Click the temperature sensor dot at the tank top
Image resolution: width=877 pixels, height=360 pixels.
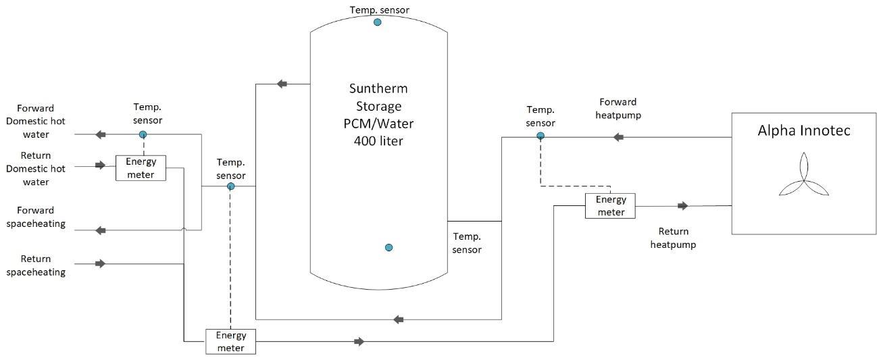click(378, 22)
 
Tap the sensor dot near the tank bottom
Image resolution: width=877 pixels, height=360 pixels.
click(389, 247)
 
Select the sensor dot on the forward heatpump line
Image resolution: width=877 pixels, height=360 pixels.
click(541, 136)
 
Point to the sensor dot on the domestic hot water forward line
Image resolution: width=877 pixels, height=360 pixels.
click(143, 134)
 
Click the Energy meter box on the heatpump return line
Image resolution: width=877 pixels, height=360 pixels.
click(610, 206)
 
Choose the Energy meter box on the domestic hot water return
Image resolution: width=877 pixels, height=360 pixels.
click(141, 168)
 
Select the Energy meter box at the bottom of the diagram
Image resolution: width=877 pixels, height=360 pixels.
click(230, 342)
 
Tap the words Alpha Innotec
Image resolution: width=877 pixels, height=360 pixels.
click(804, 130)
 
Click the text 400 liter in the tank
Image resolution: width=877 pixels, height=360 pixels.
click(378, 141)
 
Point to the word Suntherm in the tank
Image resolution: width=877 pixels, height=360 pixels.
click(378, 88)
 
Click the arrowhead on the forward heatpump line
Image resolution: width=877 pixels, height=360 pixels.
click(618, 137)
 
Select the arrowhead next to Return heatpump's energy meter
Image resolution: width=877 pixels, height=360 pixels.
click(683, 206)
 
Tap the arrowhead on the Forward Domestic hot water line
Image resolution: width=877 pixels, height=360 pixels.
click(101, 134)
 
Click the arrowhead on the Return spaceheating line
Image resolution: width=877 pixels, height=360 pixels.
click(100, 263)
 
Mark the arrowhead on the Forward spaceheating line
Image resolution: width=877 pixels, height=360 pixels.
click(101, 230)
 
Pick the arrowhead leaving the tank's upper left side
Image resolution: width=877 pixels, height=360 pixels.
click(282, 84)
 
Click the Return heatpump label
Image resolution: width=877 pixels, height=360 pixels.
click(673, 238)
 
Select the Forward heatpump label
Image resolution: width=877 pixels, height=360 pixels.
click(618, 108)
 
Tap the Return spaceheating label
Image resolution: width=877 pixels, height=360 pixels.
click(36, 265)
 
